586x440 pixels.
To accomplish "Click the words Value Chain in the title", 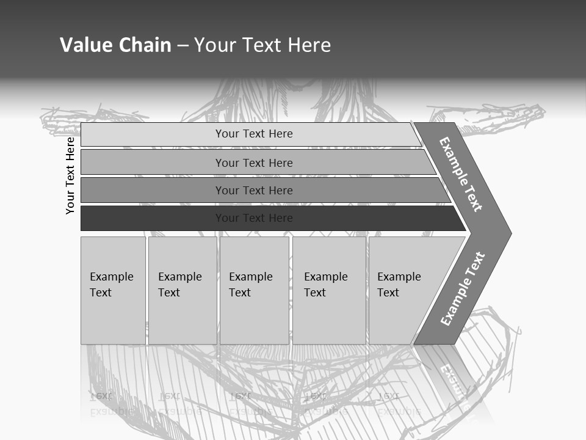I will pos(115,45).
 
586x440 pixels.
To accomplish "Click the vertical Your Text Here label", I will pos(70,175).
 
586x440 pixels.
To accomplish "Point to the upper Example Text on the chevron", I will pos(461,174).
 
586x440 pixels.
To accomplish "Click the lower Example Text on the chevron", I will pos(462,289).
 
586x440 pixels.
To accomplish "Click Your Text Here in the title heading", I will pos(262,45).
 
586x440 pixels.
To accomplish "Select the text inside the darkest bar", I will pos(254,218).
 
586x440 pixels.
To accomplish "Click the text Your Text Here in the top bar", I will pos(254,134).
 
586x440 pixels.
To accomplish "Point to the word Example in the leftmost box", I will pos(111,277).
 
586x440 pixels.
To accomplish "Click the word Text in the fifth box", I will pos(388,293).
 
